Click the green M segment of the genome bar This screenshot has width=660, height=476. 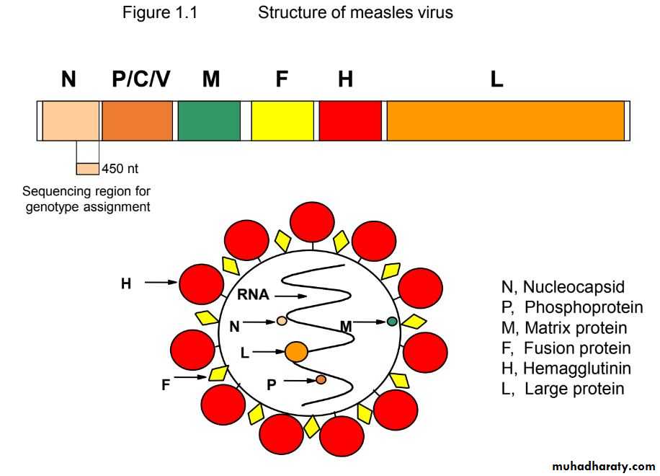point(209,120)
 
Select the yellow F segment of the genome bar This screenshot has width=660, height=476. point(282,120)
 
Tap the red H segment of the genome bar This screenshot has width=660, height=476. point(350,120)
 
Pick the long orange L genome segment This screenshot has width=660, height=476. point(506,120)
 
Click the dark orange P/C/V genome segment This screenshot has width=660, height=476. point(137,120)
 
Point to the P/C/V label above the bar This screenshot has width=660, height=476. point(141,79)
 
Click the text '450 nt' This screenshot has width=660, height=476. point(120,169)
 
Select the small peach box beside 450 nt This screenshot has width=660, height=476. point(87,169)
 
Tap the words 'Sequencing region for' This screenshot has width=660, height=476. point(86,191)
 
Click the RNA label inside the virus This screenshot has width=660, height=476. point(253,294)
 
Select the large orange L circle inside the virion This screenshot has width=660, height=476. point(296,352)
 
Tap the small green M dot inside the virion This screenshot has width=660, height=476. point(392,322)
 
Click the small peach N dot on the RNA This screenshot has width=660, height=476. point(282,320)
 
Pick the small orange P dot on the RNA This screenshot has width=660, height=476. point(321,379)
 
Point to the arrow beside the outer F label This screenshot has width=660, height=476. point(191,376)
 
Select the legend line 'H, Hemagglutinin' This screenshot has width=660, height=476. point(566,369)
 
